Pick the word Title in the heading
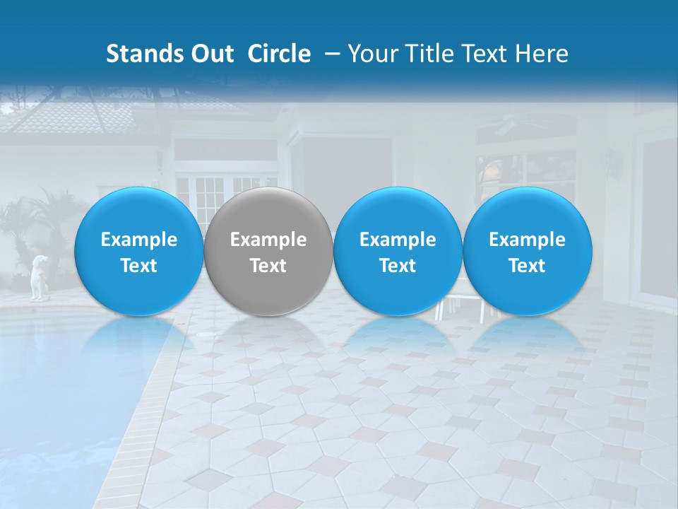pos(430,54)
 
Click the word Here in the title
pos(542,54)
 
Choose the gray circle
pos(268,251)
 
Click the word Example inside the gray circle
pos(268,240)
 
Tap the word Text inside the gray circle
pos(268,266)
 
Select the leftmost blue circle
pos(139,251)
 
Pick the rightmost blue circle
pos(528,251)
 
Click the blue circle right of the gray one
pos(398,251)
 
